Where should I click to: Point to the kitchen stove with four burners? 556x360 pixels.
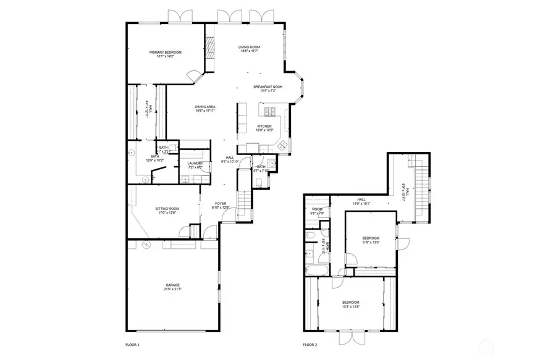[x=270, y=112]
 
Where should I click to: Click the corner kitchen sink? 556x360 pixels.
[x=281, y=146]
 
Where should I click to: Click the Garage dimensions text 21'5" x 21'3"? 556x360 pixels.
[x=172, y=289]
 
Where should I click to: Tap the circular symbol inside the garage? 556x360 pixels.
[x=146, y=245]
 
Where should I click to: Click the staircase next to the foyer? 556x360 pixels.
[x=246, y=201]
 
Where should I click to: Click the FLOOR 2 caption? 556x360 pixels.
[x=310, y=345]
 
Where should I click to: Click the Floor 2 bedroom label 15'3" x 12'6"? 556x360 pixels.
[x=351, y=303]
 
